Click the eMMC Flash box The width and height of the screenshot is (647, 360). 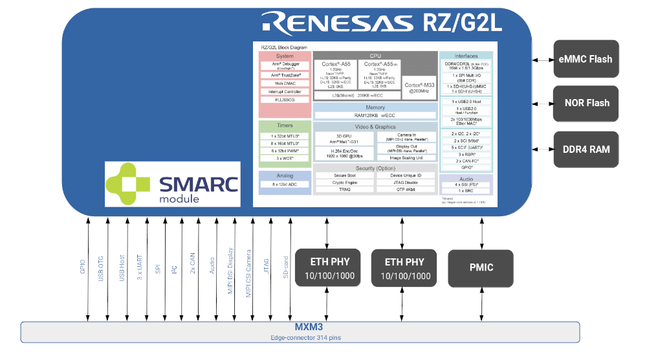[586, 60]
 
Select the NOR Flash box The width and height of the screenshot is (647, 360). [586, 102]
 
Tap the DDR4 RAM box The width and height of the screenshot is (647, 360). [586, 150]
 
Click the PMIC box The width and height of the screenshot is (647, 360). [480, 267]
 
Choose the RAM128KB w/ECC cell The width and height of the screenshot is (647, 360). [375, 115]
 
